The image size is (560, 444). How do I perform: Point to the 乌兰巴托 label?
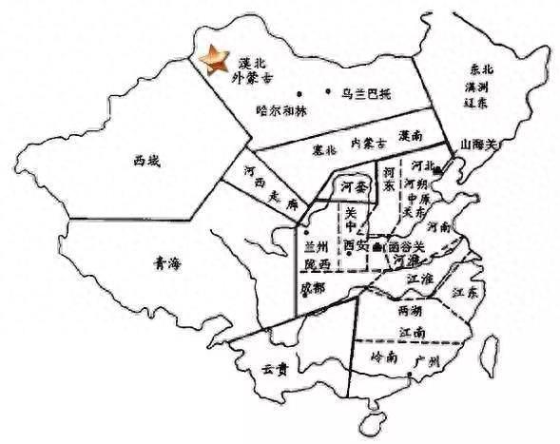click(365, 93)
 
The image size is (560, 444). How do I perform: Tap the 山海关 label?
click(478, 145)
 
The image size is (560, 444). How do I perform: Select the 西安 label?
click(356, 244)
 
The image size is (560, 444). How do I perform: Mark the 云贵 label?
click(277, 369)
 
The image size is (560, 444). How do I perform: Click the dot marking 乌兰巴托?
click(328, 93)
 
